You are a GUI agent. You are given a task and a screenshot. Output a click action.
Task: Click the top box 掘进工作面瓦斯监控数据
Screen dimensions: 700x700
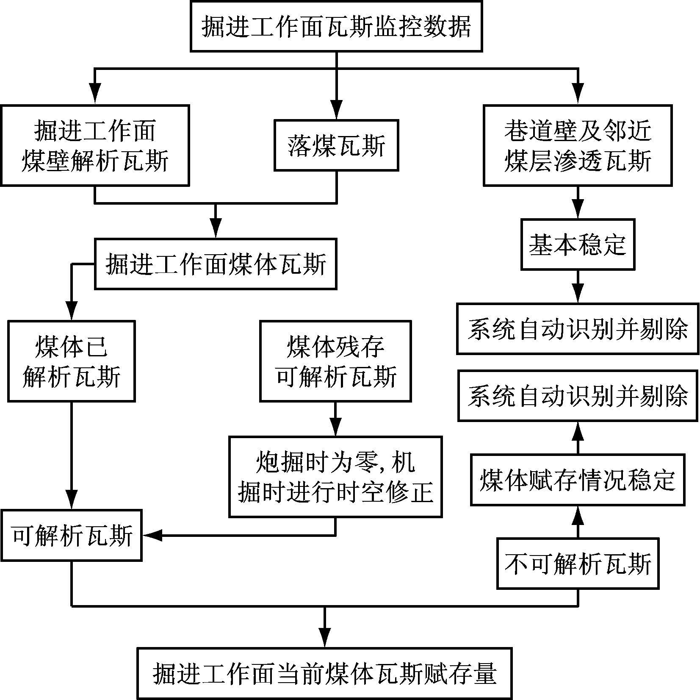tap(336, 26)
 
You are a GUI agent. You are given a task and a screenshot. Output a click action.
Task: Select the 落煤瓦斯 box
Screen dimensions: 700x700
tap(336, 145)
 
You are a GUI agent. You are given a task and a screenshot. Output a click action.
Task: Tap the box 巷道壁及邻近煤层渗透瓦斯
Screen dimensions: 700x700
tap(578, 145)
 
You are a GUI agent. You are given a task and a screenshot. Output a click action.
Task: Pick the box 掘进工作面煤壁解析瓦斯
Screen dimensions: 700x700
tap(95, 145)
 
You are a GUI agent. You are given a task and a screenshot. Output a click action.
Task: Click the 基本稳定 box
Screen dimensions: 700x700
tap(578, 244)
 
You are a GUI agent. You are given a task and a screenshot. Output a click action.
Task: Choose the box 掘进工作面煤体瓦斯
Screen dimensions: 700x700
tap(216, 264)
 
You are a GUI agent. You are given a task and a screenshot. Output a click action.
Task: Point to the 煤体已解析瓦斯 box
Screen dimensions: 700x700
tap(71, 361)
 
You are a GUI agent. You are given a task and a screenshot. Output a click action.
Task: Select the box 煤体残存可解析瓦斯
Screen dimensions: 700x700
tap(335, 361)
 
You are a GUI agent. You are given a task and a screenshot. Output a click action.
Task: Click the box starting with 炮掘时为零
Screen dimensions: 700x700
tap(335, 477)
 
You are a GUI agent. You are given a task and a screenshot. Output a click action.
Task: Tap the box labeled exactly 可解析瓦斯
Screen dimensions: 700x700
tap(71, 536)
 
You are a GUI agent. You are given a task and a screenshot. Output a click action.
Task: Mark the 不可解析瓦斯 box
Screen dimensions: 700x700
tap(578, 564)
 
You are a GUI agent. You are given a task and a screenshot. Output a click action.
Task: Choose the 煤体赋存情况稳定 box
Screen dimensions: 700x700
tap(578, 480)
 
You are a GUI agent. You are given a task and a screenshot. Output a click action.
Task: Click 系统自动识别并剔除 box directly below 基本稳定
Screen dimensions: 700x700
tap(578, 328)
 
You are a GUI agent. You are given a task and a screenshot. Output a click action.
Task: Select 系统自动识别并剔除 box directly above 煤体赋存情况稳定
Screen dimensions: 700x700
tap(578, 395)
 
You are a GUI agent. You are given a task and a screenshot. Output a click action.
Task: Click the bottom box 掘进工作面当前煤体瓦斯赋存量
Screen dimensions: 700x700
tap(324, 673)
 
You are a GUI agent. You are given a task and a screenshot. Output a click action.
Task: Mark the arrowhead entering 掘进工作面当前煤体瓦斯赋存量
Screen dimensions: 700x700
tap(324, 637)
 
